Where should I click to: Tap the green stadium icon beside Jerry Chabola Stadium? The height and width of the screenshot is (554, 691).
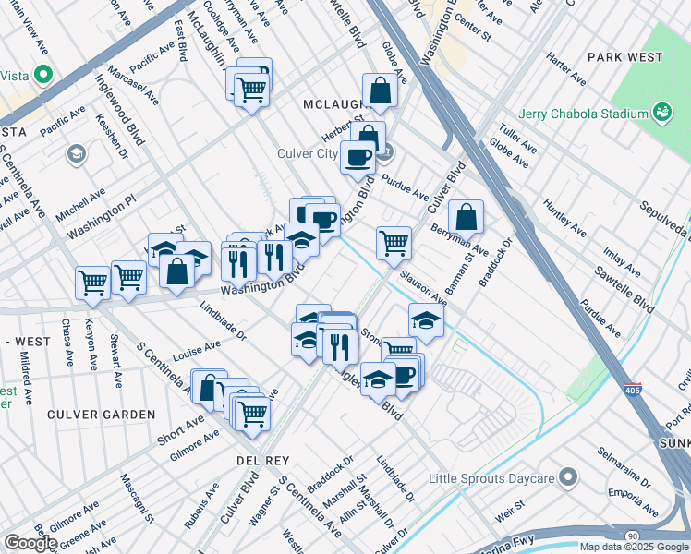click(x=661, y=114)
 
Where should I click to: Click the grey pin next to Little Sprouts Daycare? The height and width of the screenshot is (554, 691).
click(x=567, y=478)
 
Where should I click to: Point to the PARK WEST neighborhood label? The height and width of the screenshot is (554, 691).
click(x=624, y=57)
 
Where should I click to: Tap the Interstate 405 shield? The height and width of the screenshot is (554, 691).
click(x=633, y=391)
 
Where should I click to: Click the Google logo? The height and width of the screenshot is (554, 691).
click(x=30, y=543)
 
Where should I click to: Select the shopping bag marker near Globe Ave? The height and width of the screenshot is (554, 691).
click(x=380, y=91)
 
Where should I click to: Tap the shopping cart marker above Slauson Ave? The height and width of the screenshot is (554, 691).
click(x=394, y=243)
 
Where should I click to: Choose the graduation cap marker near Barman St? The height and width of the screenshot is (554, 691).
click(x=426, y=319)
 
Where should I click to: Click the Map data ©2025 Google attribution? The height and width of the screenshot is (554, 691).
click(x=634, y=547)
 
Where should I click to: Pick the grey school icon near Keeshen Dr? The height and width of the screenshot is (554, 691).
click(x=76, y=152)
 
